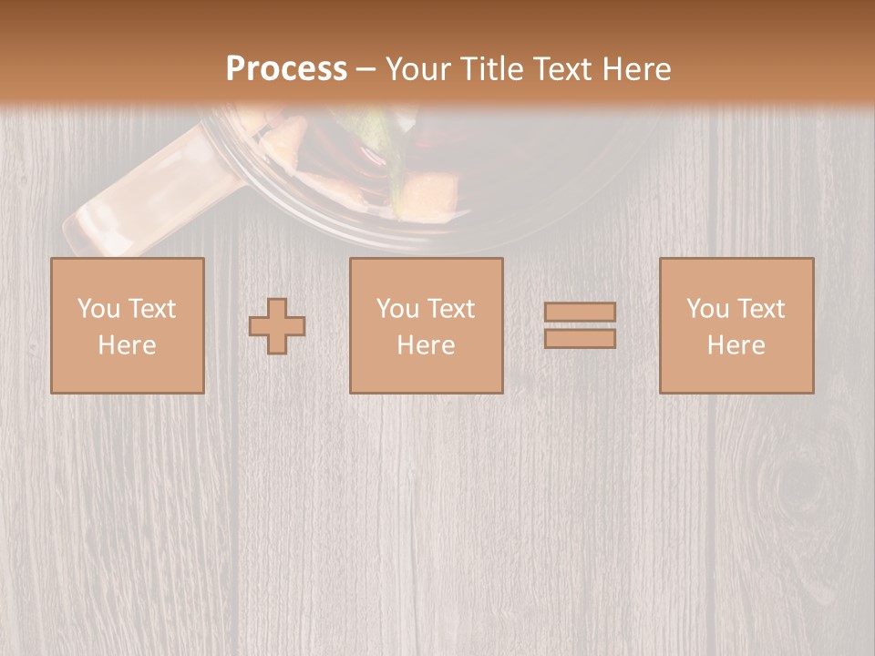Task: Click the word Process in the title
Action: (x=286, y=68)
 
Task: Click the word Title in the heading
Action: (x=492, y=68)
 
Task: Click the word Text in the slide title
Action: (x=561, y=68)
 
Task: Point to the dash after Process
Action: (x=365, y=70)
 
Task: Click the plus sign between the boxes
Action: (x=277, y=326)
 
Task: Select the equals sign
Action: (x=580, y=325)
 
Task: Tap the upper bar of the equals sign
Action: (x=580, y=313)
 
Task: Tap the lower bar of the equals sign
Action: (x=580, y=339)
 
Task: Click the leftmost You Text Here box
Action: (x=128, y=325)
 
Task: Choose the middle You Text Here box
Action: (x=427, y=325)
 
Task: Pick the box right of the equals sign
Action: (x=736, y=325)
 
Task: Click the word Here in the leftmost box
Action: (x=128, y=345)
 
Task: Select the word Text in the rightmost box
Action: (x=761, y=309)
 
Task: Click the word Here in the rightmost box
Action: (x=736, y=345)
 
